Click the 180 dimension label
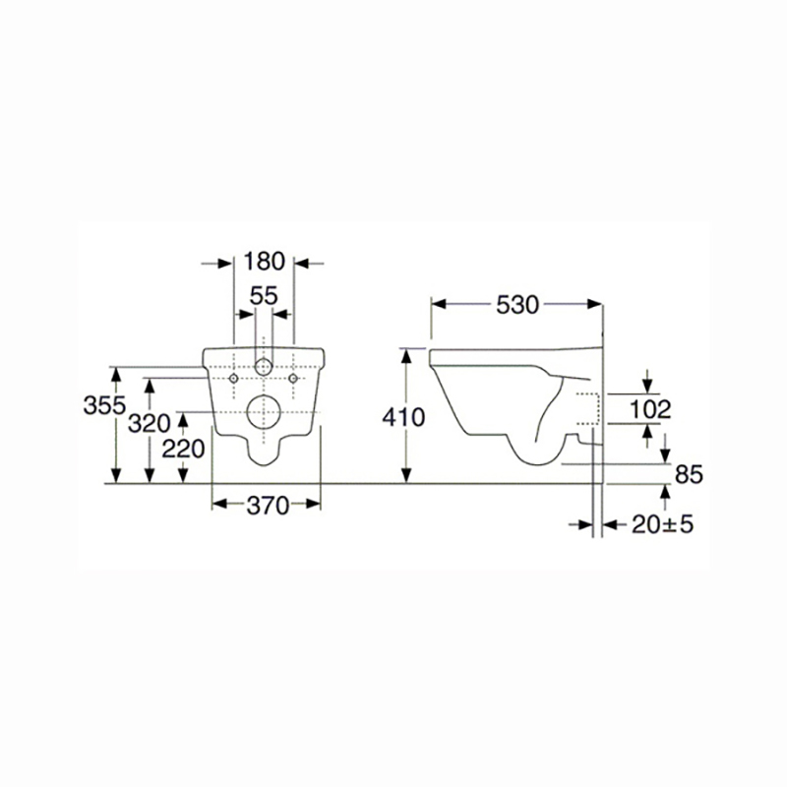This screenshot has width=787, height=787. (264, 262)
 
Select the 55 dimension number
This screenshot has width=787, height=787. (264, 296)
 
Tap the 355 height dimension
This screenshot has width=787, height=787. (104, 405)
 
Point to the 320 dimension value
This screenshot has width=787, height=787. (150, 424)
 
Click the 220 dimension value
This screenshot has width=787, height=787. (183, 449)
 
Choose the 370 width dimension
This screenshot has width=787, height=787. (268, 506)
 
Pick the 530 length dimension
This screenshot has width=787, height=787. (517, 305)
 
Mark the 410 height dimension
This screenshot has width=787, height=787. (403, 417)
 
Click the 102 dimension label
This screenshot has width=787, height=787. (650, 409)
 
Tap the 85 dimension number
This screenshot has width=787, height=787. (690, 474)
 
